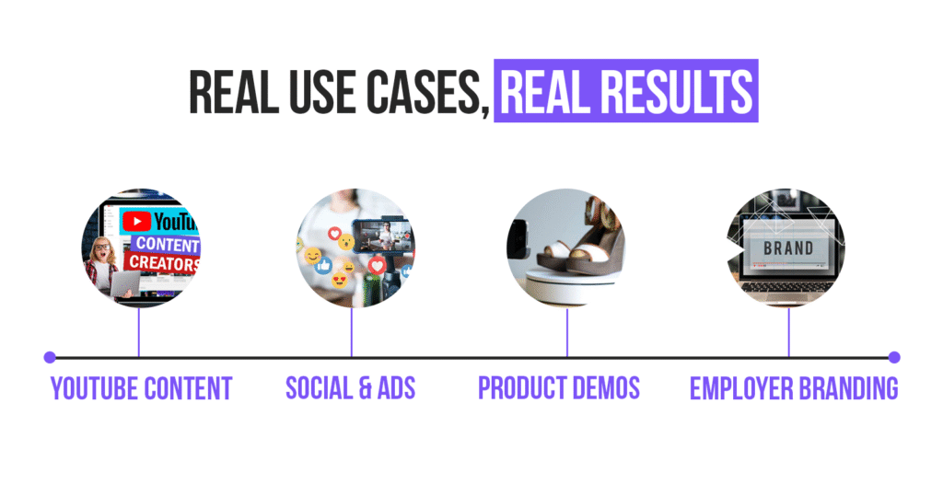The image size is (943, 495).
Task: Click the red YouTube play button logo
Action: click(x=136, y=222)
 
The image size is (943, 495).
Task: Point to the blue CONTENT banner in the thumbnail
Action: click(x=166, y=246)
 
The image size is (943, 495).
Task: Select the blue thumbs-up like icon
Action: click(x=323, y=265)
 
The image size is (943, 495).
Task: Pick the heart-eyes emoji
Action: click(x=339, y=278)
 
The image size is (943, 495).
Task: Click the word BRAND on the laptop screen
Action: click(x=788, y=248)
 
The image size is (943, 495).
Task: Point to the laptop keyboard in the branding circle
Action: click(x=788, y=286)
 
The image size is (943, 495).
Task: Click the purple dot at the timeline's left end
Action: click(x=49, y=357)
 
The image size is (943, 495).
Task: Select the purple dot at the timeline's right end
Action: click(x=894, y=357)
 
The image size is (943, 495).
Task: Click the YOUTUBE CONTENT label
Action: click(x=141, y=388)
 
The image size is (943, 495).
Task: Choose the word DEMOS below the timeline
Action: click(x=603, y=388)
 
